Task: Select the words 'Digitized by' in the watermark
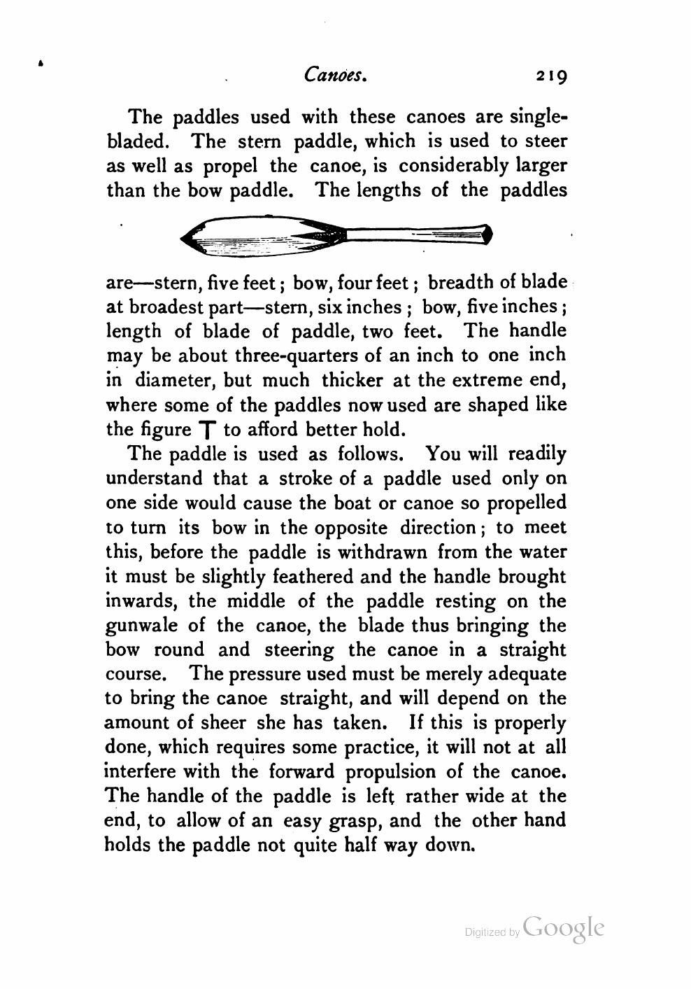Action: (x=492, y=932)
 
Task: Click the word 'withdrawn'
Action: (x=382, y=552)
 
